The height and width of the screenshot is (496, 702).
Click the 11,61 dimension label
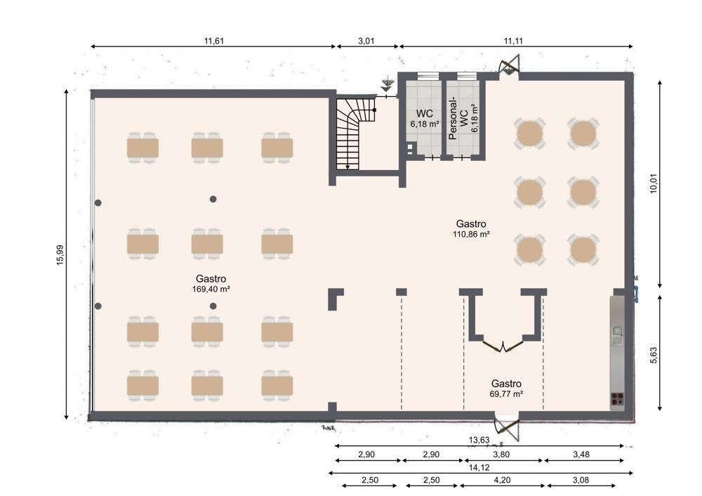tap(214, 41)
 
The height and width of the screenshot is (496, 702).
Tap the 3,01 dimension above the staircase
tap(366, 41)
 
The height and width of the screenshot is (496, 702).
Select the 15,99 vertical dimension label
tap(60, 255)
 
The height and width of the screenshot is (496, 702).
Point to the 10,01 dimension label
tap(654, 183)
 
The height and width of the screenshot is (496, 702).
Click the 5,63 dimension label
tap(654, 355)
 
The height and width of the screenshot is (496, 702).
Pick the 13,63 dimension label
tap(479, 440)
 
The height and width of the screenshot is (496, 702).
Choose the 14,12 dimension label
tap(479, 468)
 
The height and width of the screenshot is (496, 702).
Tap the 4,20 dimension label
tap(503, 481)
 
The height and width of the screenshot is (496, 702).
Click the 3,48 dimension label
tap(581, 455)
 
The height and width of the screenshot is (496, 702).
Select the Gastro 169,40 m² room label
tap(211, 284)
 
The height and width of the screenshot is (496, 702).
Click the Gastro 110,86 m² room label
tap(471, 228)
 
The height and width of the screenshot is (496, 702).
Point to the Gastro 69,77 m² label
tap(506, 389)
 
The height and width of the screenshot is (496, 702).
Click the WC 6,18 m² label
tap(425, 119)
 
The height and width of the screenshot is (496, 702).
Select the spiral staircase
tap(356, 133)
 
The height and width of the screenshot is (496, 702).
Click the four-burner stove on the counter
tap(617, 399)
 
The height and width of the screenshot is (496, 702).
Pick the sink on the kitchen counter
tap(618, 334)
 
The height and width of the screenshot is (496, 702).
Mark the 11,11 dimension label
tap(513, 41)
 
